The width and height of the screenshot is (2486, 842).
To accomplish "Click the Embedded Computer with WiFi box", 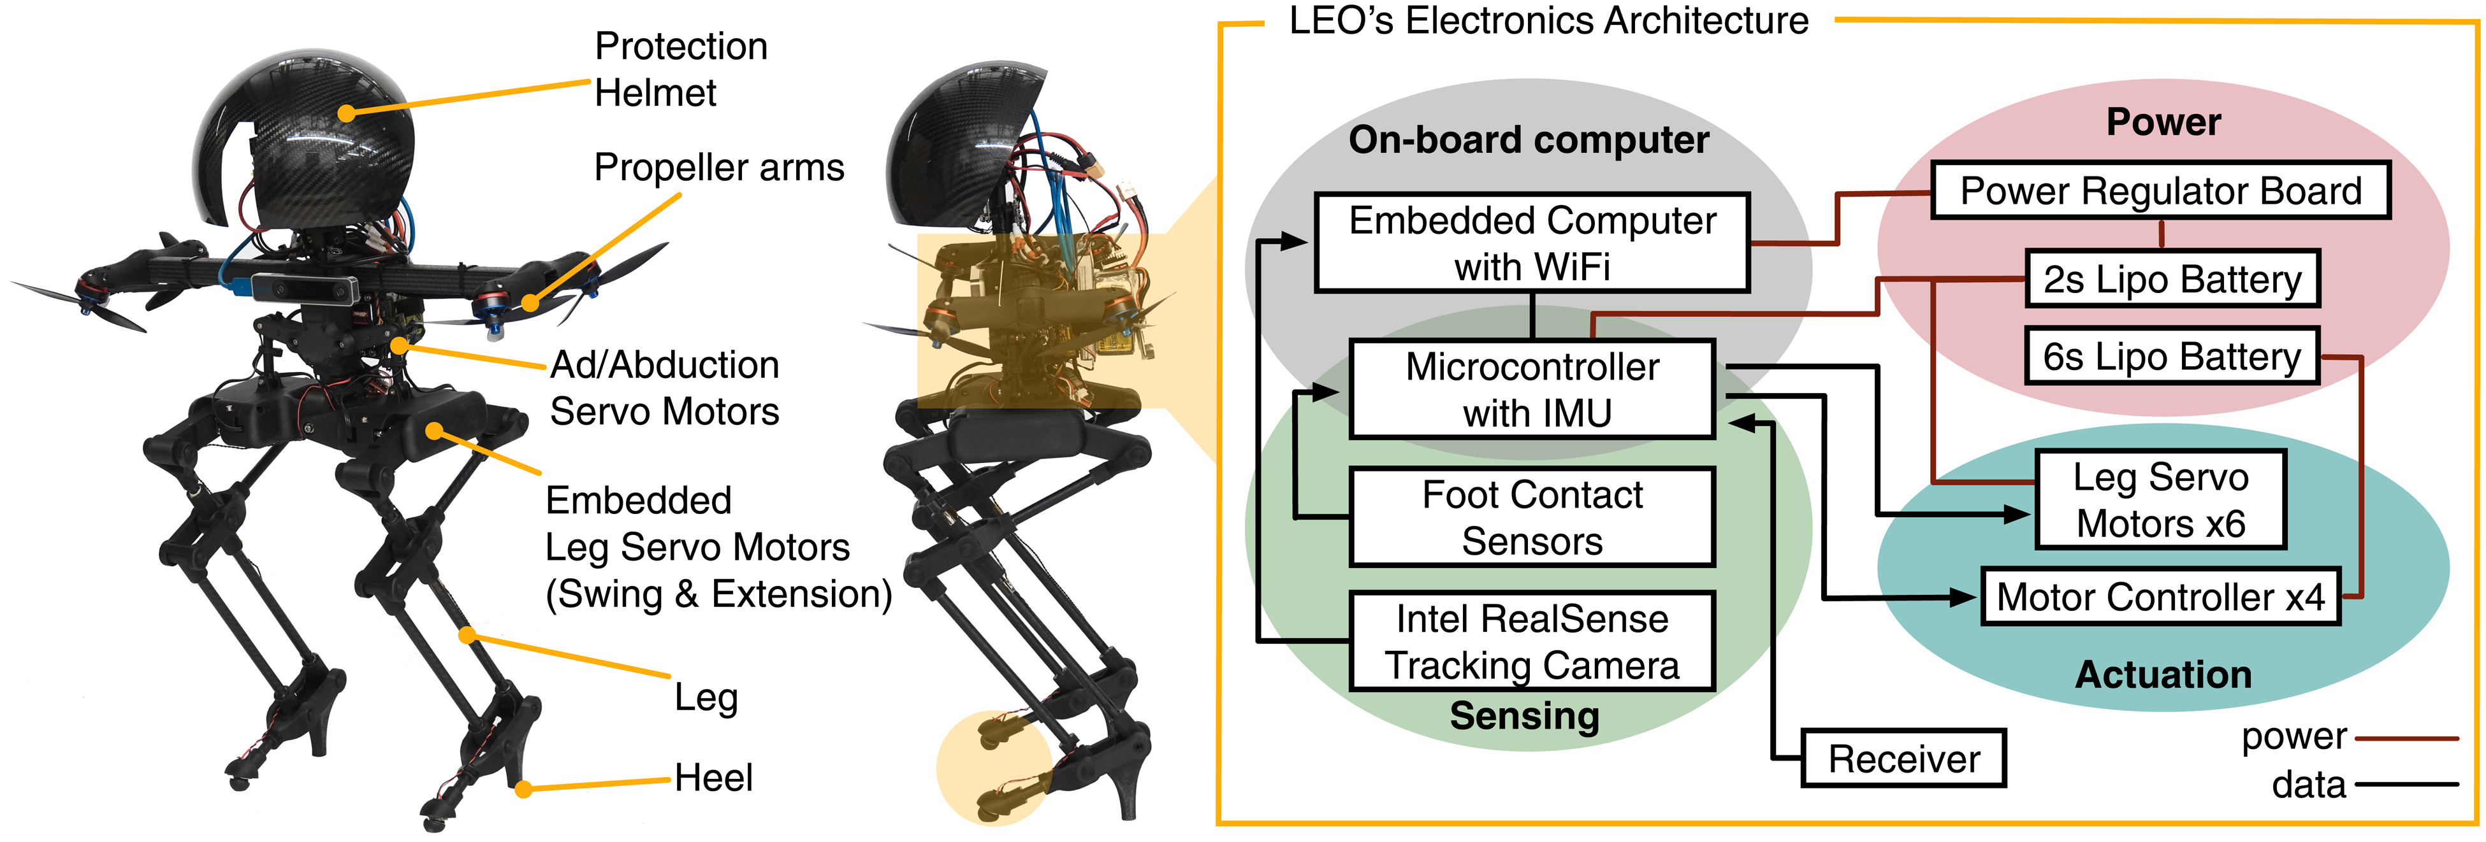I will coord(1532,243).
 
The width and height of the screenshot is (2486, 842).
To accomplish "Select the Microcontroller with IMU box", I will coord(1532,389).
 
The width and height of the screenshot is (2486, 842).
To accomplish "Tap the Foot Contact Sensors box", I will coord(1532,517).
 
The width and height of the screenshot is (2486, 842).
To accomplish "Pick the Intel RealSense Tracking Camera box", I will coord(1532,641).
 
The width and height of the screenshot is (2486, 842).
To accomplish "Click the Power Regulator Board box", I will coord(2160,191).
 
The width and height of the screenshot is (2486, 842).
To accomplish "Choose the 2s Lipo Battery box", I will coord(2171,280).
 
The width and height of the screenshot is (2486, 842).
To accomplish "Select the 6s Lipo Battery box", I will coord(2171,357).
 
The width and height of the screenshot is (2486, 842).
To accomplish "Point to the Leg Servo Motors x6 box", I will coord(2160,499).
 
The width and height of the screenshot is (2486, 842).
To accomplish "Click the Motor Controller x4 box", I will coord(2160,597).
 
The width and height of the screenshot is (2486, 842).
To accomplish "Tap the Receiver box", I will coord(1903,759).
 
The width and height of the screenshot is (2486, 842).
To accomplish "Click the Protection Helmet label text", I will coord(680,69).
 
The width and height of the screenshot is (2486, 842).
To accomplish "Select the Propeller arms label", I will coord(719,168).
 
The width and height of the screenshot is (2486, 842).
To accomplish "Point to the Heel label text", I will coord(713,778).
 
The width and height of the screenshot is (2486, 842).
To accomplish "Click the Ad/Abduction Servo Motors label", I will coord(665,388).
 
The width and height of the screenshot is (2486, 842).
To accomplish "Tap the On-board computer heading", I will coord(1529,140).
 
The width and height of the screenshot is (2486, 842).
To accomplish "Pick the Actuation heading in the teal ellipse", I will coord(2163,674).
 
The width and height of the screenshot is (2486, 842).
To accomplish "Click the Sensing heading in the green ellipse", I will coord(1525,716).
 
